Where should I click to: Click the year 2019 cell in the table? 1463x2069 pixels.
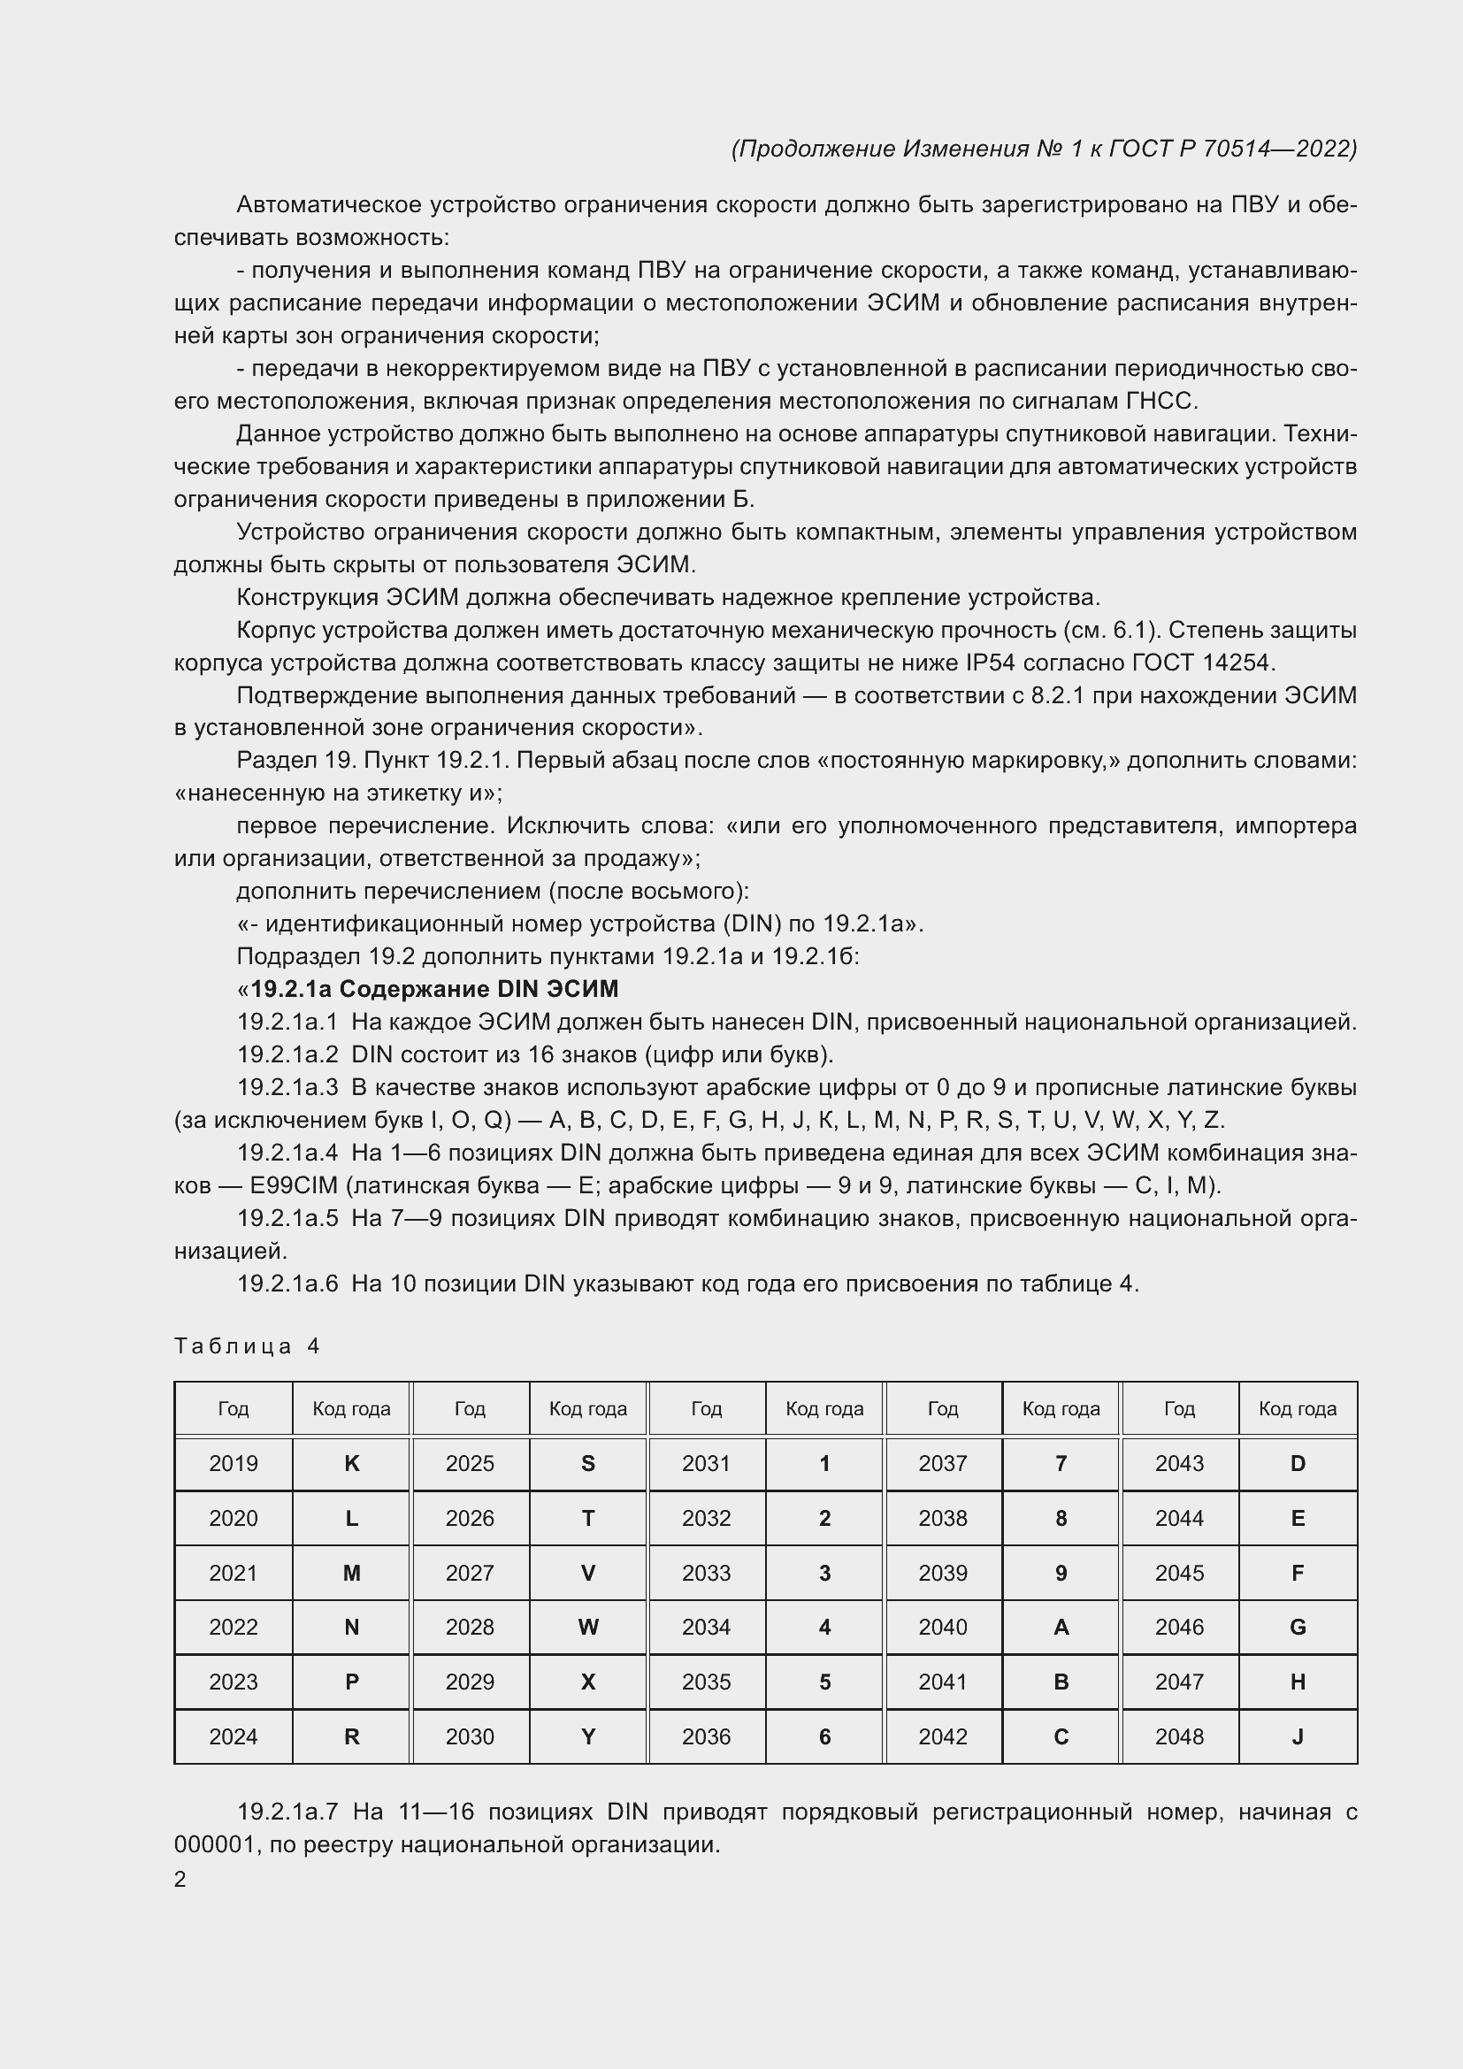[234, 1463]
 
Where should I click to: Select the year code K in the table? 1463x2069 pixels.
[351, 1463]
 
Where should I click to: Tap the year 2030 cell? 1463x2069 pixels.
[470, 1736]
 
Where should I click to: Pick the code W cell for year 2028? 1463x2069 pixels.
[587, 1628]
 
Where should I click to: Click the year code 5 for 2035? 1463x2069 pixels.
[824, 1682]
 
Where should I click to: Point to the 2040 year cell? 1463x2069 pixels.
[942, 1628]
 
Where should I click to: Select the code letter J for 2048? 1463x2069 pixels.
[1298, 1736]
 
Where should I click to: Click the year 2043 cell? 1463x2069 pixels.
[1179, 1463]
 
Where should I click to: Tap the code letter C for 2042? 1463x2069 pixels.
[1061, 1736]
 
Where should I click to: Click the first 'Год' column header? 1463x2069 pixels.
[234, 1408]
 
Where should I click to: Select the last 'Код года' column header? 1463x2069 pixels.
[1298, 1408]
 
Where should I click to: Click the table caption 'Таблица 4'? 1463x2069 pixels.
[247, 1346]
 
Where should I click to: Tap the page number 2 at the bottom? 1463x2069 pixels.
[180, 1880]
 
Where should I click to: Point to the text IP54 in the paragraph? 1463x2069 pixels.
[990, 663]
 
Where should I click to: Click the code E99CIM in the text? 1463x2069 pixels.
[293, 1186]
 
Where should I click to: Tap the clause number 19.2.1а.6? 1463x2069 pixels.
[287, 1284]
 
